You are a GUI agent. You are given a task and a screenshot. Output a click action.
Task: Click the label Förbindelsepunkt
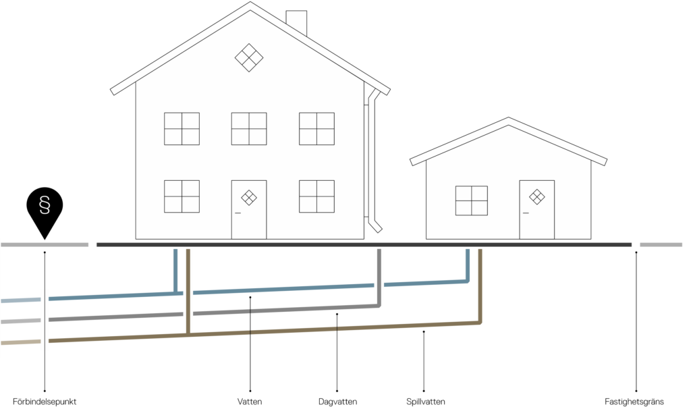(45, 402)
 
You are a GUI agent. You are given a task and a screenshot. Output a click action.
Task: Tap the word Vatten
(250, 402)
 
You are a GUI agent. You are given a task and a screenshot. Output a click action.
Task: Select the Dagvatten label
(337, 402)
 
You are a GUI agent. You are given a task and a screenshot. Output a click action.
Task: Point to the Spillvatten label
(425, 402)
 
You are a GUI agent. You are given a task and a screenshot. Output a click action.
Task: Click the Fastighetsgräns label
(634, 402)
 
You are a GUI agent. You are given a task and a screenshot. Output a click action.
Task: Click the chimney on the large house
(296, 22)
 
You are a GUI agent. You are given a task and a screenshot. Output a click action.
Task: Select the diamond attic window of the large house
(249, 57)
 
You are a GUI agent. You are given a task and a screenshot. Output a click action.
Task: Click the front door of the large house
(249, 209)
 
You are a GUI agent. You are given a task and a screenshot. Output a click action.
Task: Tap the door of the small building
(536, 209)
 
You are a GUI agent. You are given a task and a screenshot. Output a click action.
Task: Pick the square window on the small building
(472, 200)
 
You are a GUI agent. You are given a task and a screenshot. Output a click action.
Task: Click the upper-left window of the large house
(182, 129)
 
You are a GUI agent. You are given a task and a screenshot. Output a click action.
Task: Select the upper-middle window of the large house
(249, 129)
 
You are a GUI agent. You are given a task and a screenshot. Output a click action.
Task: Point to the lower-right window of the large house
(316, 196)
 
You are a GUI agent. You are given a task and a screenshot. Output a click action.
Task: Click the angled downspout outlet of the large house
(375, 225)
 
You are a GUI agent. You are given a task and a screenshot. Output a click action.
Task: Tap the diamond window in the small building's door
(536, 196)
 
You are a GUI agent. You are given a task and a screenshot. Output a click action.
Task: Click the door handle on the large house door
(238, 213)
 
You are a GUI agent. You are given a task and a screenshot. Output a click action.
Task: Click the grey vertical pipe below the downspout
(379, 277)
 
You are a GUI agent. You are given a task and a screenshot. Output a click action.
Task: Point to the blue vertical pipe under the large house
(175, 271)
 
